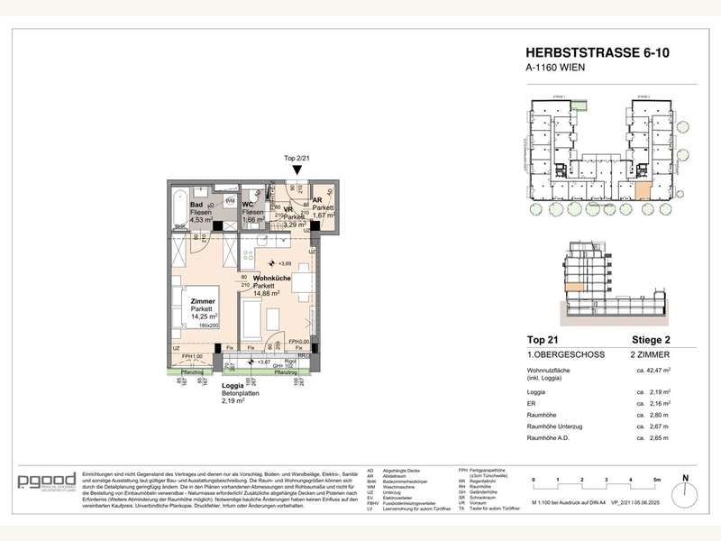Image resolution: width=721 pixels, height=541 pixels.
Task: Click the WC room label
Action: pyautogui.click(x=249, y=205)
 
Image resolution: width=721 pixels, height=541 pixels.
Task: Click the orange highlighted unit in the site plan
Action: pyautogui.click(x=641, y=190)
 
